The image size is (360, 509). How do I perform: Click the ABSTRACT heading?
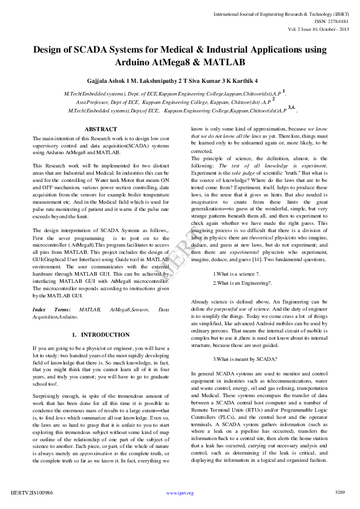[101, 129]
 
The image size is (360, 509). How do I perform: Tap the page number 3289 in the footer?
[339, 493]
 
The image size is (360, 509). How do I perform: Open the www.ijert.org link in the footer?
[180, 493]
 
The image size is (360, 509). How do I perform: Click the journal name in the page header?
[280, 11]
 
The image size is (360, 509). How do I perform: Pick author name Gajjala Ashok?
[120, 80]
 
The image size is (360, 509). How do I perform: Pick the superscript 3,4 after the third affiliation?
[291, 108]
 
